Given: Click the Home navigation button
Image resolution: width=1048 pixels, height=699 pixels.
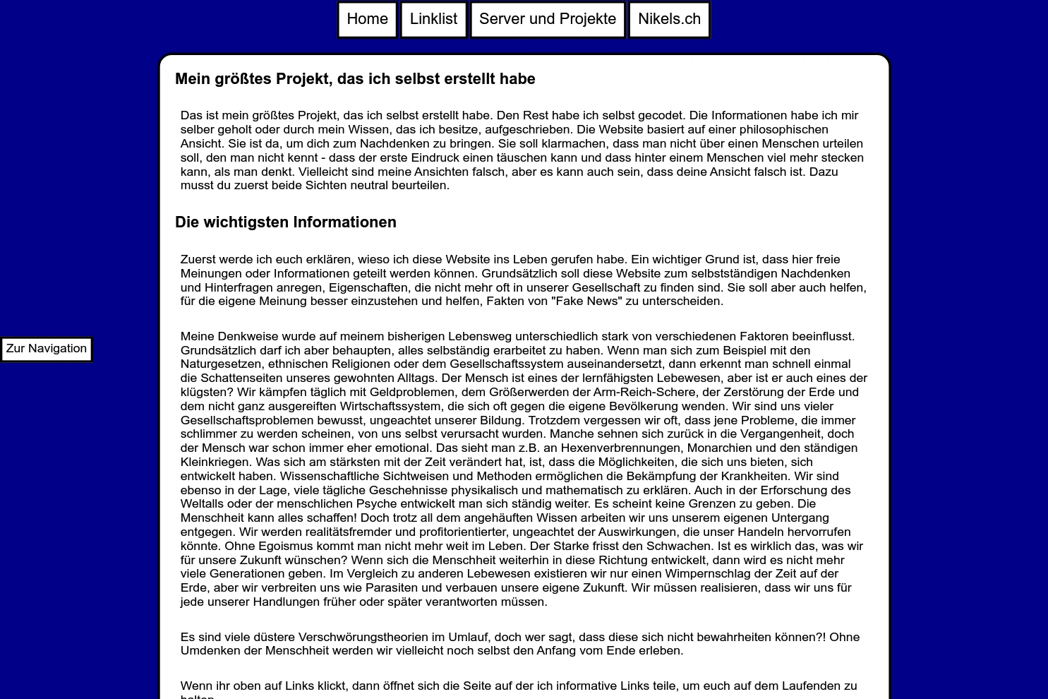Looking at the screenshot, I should tap(367, 20).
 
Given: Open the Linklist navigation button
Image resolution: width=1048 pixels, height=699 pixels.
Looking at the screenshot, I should tap(433, 20).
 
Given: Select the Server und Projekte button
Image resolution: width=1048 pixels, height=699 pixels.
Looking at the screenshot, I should tap(548, 20).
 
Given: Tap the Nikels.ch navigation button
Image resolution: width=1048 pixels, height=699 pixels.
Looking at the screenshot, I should tap(669, 20).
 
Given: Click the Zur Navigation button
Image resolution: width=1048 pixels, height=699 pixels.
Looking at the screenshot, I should tap(47, 349).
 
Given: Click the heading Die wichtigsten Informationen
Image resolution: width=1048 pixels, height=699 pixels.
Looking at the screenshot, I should tap(285, 222).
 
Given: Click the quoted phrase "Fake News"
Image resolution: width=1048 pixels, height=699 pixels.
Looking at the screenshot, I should tap(586, 301).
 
